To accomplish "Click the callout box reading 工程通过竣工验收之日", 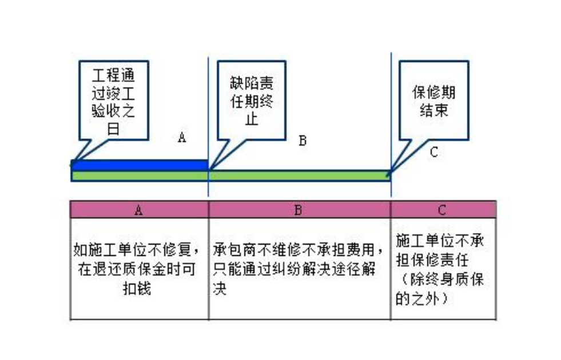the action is [x=113, y=101].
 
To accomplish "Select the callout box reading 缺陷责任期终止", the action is [x=252, y=101].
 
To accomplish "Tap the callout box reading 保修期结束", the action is [x=433, y=101].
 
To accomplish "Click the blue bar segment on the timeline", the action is [x=140, y=166].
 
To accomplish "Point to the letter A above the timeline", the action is [x=182, y=137].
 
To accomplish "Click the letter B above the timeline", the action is [x=303, y=141].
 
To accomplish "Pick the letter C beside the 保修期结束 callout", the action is [x=433, y=153].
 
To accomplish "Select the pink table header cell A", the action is [x=139, y=210].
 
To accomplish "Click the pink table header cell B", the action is [x=300, y=210].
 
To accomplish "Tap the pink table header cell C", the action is [x=443, y=210].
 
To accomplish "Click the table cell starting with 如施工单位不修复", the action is [x=139, y=269].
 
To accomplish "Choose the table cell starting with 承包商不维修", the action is [x=300, y=269].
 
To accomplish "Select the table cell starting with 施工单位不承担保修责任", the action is [x=443, y=269].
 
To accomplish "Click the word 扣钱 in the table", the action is [x=137, y=288].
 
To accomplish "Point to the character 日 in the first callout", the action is [x=113, y=129].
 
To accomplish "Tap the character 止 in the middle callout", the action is [x=252, y=119].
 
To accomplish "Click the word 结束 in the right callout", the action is [x=433, y=110].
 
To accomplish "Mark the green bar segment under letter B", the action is [x=300, y=175].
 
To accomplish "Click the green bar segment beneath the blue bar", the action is [x=140, y=176].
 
